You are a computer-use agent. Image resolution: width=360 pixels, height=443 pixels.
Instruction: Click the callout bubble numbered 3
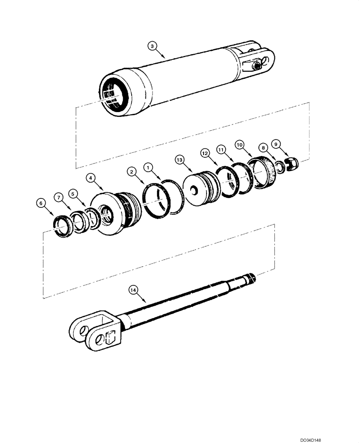point(152,46)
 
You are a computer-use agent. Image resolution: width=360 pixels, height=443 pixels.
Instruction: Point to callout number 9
point(276,144)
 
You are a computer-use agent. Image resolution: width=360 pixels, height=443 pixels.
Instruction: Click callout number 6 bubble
point(41,203)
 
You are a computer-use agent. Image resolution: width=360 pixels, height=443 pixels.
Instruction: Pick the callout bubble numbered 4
point(91,178)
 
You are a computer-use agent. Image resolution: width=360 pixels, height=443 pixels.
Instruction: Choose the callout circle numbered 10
point(240,144)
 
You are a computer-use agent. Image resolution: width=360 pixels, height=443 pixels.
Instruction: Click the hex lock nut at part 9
point(292,163)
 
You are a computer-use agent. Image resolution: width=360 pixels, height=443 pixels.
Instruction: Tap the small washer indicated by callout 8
point(280,167)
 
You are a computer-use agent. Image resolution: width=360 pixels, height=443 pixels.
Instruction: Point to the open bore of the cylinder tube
point(114,94)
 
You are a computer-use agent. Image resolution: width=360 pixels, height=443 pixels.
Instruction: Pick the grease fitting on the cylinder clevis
point(256,66)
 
